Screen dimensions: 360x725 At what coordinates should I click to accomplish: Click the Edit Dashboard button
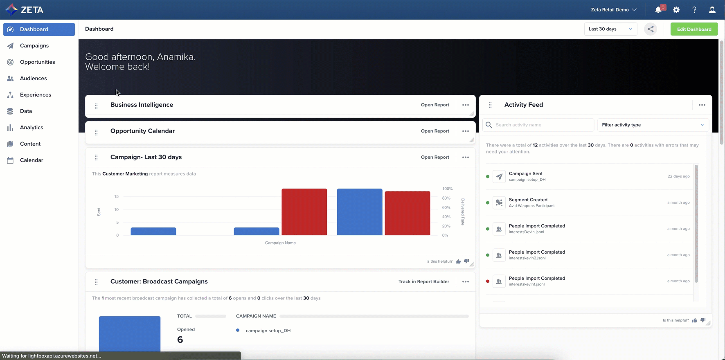tap(694, 29)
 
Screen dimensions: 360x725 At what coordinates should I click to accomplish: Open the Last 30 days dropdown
tap(610, 29)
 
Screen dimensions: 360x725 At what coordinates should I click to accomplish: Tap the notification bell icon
tap(658, 10)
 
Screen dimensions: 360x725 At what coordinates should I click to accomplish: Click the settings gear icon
tap(676, 10)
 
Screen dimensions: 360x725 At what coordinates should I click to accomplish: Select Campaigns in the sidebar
tap(34, 45)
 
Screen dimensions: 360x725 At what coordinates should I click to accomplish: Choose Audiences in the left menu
tap(33, 78)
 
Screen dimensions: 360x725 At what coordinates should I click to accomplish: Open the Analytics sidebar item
tap(32, 127)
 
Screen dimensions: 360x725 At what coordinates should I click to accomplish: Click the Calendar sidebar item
tap(32, 160)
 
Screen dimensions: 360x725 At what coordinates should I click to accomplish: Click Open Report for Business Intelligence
tap(435, 105)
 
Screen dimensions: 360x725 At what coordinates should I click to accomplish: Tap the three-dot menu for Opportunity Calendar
tap(466, 131)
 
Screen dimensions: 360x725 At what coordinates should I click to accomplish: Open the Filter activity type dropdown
tap(653, 125)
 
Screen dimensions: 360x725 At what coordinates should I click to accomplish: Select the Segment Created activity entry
tap(528, 202)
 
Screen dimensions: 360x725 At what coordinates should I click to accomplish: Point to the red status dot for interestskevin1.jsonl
tap(488, 281)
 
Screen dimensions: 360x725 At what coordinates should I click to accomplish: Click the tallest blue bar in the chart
tap(359, 212)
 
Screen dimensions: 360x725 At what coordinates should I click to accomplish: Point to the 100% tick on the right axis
tap(447, 189)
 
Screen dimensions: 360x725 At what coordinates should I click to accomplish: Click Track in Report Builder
tap(423, 281)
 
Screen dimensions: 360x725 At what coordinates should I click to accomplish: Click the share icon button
tap(651, 29)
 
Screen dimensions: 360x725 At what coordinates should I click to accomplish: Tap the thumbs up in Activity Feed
tap(695, 320)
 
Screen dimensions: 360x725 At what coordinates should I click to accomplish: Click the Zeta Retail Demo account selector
tap(614, 10)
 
